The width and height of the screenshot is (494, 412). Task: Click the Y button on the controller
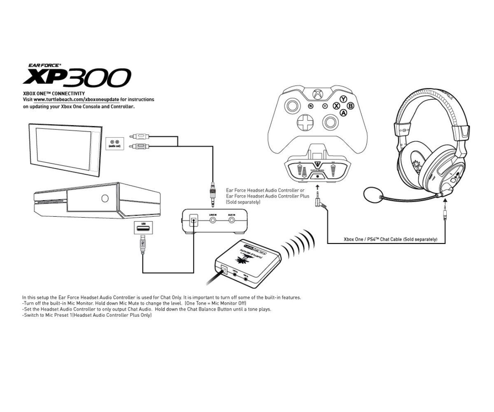[343, 99]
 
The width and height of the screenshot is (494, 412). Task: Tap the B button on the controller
[350, 106]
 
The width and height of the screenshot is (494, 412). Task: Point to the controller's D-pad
[305, 122]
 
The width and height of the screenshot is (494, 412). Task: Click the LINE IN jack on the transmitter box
[213, 220]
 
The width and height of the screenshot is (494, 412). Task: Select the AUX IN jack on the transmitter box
[232, 220]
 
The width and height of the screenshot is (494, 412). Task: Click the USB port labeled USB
[143, 228]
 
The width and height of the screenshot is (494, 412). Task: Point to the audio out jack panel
[114, 143]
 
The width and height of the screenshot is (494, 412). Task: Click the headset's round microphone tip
[373, 194]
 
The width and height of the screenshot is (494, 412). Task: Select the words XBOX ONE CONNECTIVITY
[54, 94]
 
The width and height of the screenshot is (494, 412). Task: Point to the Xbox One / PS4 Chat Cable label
[390, 239]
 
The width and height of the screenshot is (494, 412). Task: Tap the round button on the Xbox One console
[105, 199]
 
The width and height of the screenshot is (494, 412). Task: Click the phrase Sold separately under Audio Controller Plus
[243, 202]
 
